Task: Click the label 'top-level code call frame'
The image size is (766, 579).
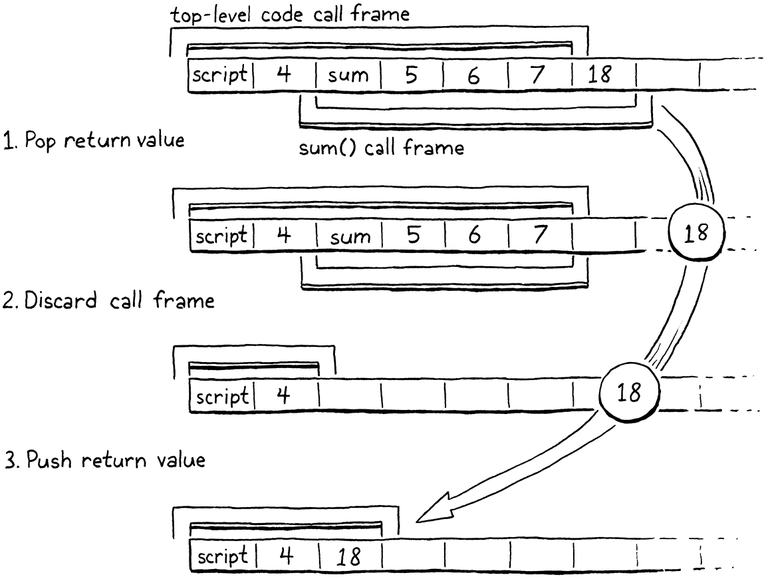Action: coord(290,15)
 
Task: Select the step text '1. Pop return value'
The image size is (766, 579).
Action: coord(94,142)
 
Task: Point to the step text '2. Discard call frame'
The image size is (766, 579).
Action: coord(108,301)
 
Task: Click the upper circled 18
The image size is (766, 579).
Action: coord(696,234)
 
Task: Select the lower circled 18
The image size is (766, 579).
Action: coord(628,393)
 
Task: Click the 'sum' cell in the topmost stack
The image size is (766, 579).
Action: coord(348,75)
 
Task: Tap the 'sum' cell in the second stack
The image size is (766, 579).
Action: coord(350,236)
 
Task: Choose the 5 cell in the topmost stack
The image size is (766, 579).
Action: coord(411,75)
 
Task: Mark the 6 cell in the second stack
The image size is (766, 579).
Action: coord(475,236)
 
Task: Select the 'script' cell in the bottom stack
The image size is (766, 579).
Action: coord(222,556)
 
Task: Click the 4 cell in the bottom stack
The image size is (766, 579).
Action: coord(286,556)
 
